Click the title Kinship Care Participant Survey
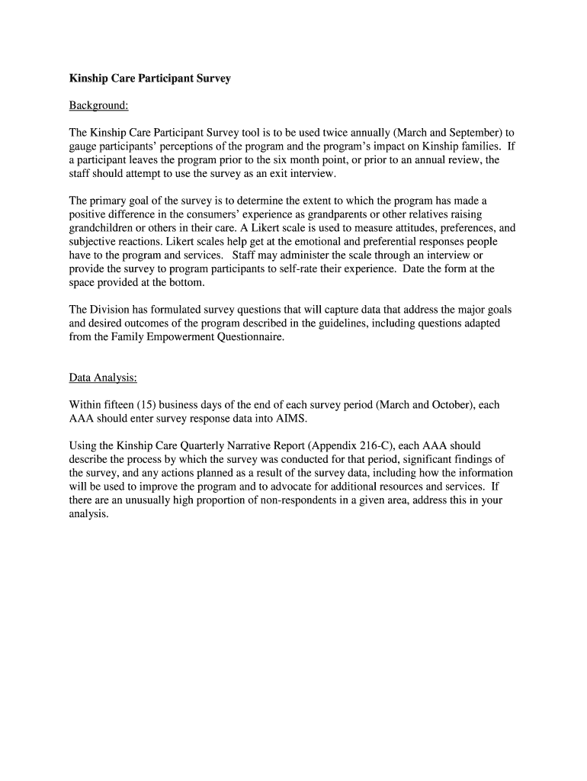[x=150, y=78]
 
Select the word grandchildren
[x=103, y=228]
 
